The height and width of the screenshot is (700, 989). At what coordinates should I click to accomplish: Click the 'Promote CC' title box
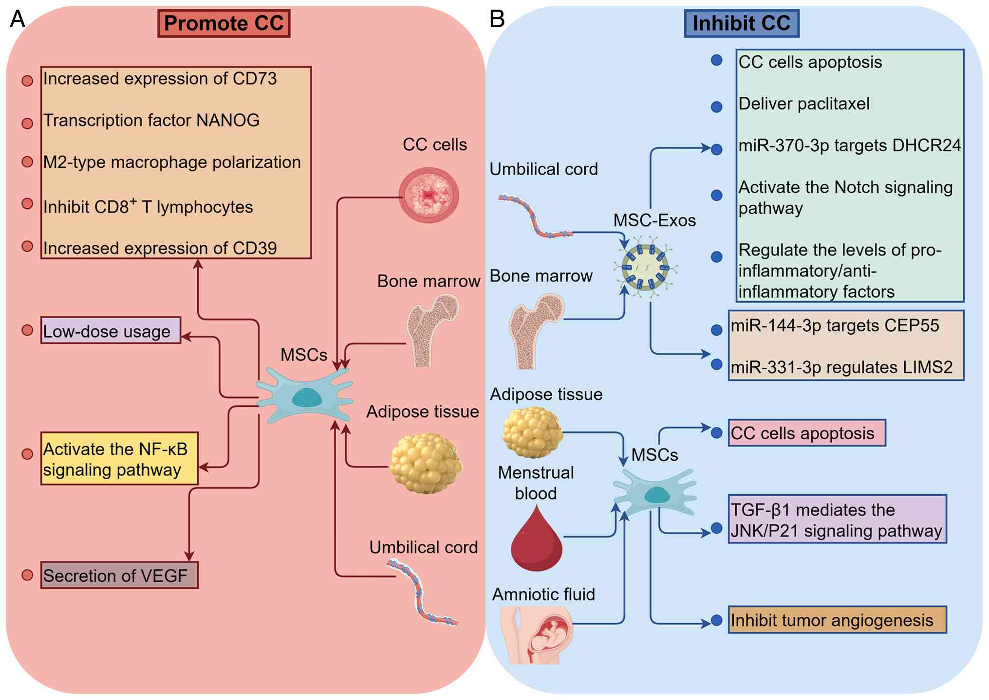coord(224,23)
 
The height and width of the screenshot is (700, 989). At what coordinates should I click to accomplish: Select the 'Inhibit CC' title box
coord(741,23)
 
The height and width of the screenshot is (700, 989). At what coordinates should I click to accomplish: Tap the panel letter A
coord(18,19)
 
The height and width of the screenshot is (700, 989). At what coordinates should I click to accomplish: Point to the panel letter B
coord(497,19)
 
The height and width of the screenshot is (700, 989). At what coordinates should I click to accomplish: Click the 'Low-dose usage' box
coord(111,331)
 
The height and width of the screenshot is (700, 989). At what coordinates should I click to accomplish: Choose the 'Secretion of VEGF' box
coord(119,575)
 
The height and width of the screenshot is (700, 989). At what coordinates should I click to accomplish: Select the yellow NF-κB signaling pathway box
coord(119,459)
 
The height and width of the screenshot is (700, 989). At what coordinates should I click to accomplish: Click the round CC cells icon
coord(429,195)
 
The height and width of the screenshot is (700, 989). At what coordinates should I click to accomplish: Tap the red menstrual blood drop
coord(536,540)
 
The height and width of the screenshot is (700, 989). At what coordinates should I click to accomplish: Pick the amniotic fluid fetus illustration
coord(538,635)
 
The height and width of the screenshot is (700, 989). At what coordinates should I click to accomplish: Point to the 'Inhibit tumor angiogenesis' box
coord(837,620)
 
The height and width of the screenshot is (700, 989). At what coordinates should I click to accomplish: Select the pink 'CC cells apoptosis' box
coord(806,433)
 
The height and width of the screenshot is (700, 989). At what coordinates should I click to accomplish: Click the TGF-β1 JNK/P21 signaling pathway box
coord(837,520)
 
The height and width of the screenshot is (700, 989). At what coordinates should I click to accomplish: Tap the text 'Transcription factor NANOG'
coord(151,121)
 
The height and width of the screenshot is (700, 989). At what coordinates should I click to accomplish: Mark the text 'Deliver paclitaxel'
coord(804,104)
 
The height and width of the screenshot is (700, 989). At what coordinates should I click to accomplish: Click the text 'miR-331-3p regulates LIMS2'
coord(841,367)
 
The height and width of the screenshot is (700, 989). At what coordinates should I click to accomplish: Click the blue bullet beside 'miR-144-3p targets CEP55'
coord(716,330)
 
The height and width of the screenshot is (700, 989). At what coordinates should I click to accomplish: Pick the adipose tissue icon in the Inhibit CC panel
coord(532,432)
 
